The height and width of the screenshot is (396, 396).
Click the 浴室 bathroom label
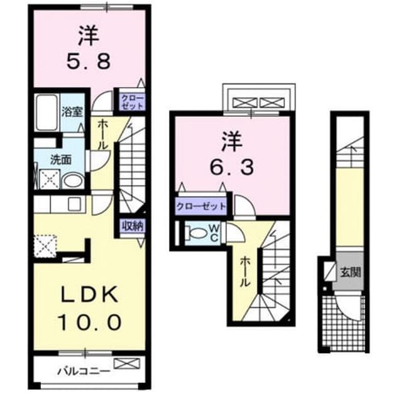click(72, 112)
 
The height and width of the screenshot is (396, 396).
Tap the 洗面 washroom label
click(60, 160)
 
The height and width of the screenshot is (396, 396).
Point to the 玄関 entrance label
click(351, 273)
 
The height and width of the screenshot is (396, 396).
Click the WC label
click(214, 234)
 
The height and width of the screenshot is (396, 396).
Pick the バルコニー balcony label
click(84, 371)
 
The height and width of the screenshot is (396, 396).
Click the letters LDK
click(90, 294)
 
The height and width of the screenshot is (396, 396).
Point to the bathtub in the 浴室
click(47, 113)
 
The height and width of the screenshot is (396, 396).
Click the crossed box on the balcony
click(126, 363)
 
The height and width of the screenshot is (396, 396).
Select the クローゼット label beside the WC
click(201, 207)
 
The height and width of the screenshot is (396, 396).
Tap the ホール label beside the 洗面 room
click(103, 135)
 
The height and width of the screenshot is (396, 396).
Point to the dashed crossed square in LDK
click(45, 246)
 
